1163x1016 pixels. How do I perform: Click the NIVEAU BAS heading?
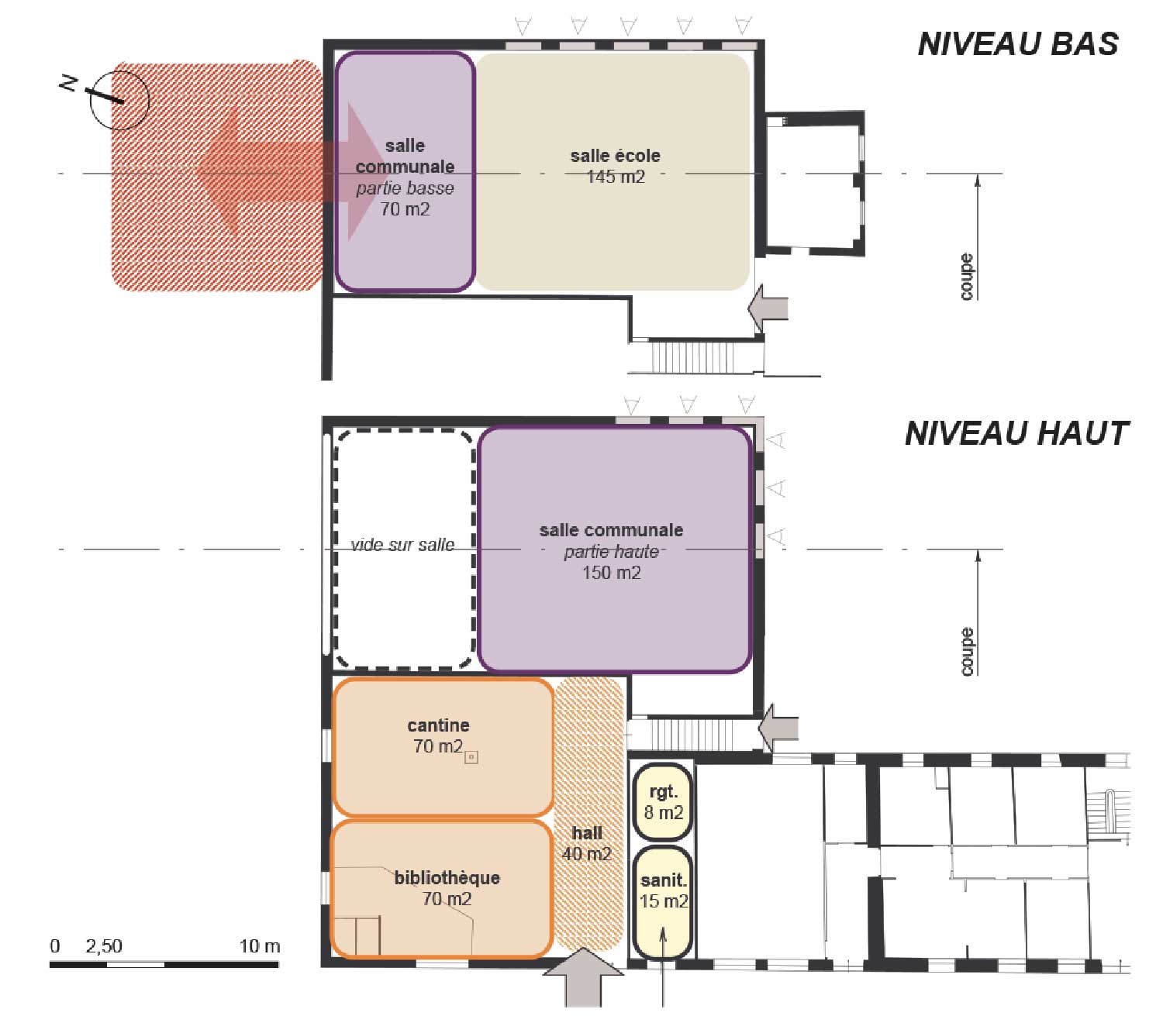pyautogui.click(x=1017, y=44)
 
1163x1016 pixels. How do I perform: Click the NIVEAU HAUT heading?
pyautogui.click(x=1016, y=433)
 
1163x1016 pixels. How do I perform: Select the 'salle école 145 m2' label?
pyautogui.click(x=615, y=166)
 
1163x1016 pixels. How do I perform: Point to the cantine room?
pyautogui.click(x=442, y=746)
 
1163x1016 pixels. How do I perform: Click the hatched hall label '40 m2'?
pyautogui.click(x=587, y=853)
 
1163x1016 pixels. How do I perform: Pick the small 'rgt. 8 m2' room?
pyautogui.click(x=663, y=802)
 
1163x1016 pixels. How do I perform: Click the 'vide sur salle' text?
pyautogui.click(x=402, y=544)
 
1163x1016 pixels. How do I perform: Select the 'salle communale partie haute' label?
pyautogui.click(x=611, y=540)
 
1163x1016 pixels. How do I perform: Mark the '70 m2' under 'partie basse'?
pyautogui.click(x=405, y=209)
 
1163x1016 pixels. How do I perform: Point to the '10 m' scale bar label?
pyautogui.click(x=260, y=945)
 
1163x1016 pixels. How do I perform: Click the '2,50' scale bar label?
pyautogui.click(x=103, y=945)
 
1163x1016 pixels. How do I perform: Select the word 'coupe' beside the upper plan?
pyautogui.click(x=966, y=276)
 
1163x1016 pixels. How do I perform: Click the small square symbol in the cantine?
pyautogui.click(x=471, y=757)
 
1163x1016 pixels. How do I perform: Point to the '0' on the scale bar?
pyautogui.click(x=54, y=945)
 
